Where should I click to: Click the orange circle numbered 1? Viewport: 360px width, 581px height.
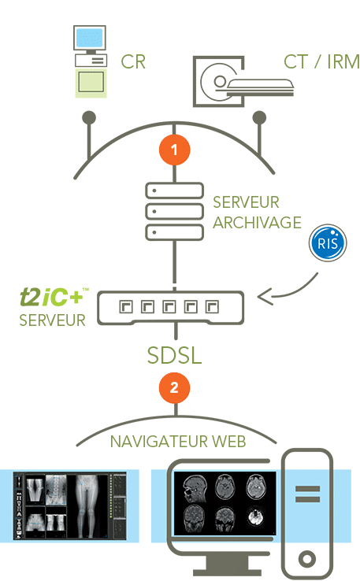(174, 150)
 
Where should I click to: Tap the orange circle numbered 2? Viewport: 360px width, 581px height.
(174, 387)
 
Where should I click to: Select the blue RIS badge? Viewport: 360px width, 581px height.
(328, 242)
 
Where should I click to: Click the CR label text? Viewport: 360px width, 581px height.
(133, 62)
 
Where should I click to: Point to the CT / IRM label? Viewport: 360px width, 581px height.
(321, 61)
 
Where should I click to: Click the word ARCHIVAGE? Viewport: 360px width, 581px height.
(257, 223)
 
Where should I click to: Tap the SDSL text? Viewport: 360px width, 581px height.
(174, 355)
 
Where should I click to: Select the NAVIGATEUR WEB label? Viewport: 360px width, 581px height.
(178, 442)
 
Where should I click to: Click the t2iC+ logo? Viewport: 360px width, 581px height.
(54, 297)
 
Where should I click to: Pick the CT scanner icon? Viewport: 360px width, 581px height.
(243, 82)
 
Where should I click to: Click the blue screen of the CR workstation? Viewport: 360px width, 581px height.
(89, 38)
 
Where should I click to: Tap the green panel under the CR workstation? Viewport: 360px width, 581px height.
(91, 83)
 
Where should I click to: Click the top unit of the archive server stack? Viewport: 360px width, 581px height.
(174, 191)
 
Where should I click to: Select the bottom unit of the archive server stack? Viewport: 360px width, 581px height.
(174, 232)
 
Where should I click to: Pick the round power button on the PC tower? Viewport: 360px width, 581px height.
(307, 558)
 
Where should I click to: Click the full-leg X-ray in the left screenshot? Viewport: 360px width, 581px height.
(87, 505)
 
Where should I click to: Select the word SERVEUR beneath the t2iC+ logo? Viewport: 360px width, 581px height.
(52, 320)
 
